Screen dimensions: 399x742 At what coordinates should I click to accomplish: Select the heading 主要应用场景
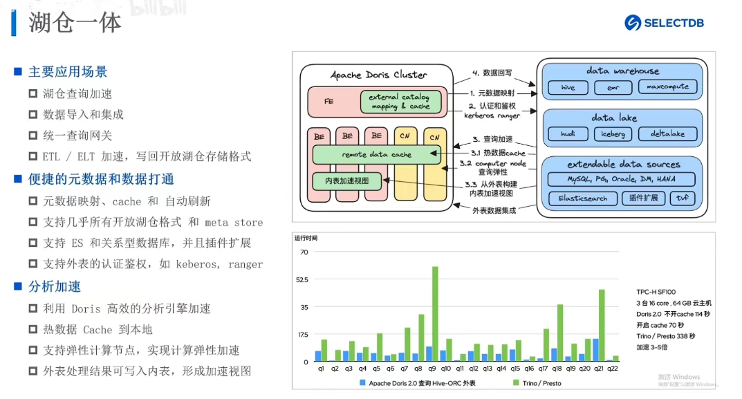tap(68, 72)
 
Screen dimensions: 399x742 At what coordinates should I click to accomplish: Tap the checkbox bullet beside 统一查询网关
tap(33, 136)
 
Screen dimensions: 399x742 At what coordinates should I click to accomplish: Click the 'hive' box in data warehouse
tap(568, 88)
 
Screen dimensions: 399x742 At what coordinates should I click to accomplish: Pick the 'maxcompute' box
tap(668, 88)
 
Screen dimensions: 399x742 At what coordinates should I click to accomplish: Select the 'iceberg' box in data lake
tap(613, 134)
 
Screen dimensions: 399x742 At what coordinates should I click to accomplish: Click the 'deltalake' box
tap(668, 134)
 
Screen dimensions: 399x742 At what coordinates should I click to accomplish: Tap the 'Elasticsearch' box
tap(582, 198)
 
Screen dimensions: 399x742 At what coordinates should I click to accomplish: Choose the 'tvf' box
tap(684, 198)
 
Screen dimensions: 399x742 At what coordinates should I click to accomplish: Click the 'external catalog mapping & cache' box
tap(400, 102)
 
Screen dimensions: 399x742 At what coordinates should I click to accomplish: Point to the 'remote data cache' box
tap(377, 155)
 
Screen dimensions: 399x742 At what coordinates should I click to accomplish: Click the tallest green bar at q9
tap(435, 314)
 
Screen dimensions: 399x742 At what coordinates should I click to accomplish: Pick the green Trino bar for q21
tap(602, 325)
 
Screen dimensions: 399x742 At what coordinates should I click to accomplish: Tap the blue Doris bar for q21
tap(595, 350)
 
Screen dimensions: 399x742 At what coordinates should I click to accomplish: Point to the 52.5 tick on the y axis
tap(303, 279)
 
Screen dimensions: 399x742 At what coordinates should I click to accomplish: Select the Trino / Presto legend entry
tap(540, 383)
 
